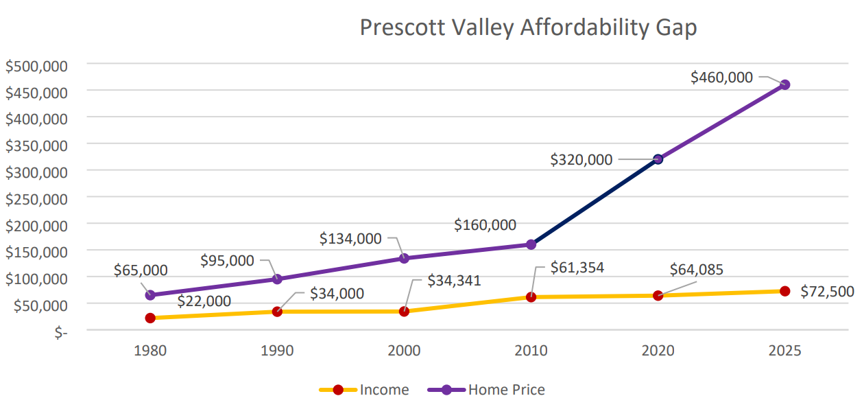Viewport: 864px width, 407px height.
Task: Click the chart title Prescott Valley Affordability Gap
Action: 528,28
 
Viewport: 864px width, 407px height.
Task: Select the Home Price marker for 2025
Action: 785,84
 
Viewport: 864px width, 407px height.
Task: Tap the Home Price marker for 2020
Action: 658,159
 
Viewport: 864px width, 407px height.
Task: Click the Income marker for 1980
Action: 150,318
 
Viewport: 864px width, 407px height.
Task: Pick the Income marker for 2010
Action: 531,297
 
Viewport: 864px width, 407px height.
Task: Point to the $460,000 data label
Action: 721,78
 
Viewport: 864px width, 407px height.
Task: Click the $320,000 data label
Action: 581,159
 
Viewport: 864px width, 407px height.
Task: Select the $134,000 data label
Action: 350,238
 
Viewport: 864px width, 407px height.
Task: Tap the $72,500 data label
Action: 827,291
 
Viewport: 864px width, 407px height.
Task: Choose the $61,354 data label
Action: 577,268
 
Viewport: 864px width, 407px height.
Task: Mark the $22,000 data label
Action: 204,301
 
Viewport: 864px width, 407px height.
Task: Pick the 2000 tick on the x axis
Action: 404,351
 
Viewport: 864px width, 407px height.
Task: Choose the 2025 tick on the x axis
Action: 785,351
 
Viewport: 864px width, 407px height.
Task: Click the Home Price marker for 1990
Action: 277,279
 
